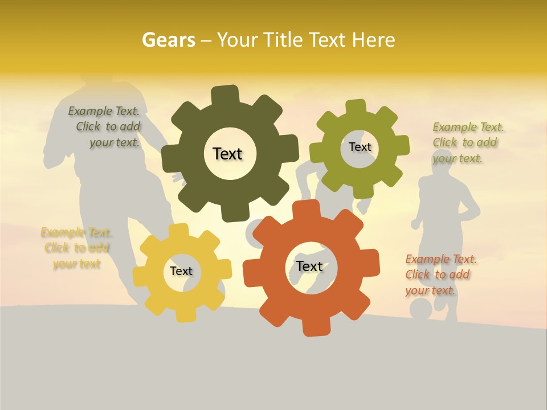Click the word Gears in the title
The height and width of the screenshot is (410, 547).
click(x=168, y=40)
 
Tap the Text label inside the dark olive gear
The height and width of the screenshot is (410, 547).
click(x=227, y=154)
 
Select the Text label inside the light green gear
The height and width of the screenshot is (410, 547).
click(x=360, y=147)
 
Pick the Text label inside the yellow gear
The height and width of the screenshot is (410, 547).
click(x=181, y=271)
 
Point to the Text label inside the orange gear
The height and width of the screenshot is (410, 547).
click(x=309, y=266)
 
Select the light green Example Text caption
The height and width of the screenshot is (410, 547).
click(x=468, y=142)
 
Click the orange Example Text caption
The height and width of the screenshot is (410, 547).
click(x=440, y=274)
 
